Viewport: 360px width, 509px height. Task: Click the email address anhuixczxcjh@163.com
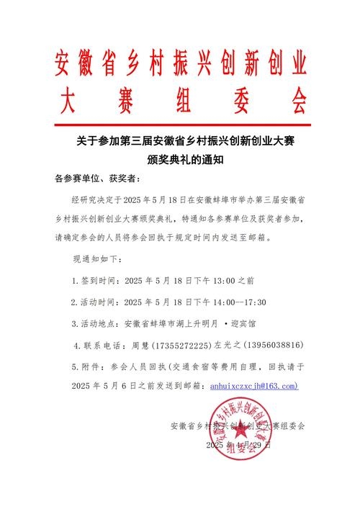click(253, 386)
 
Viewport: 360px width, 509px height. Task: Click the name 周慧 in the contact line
click(143, 345)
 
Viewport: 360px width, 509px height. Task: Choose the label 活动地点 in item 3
click(100, 323)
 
